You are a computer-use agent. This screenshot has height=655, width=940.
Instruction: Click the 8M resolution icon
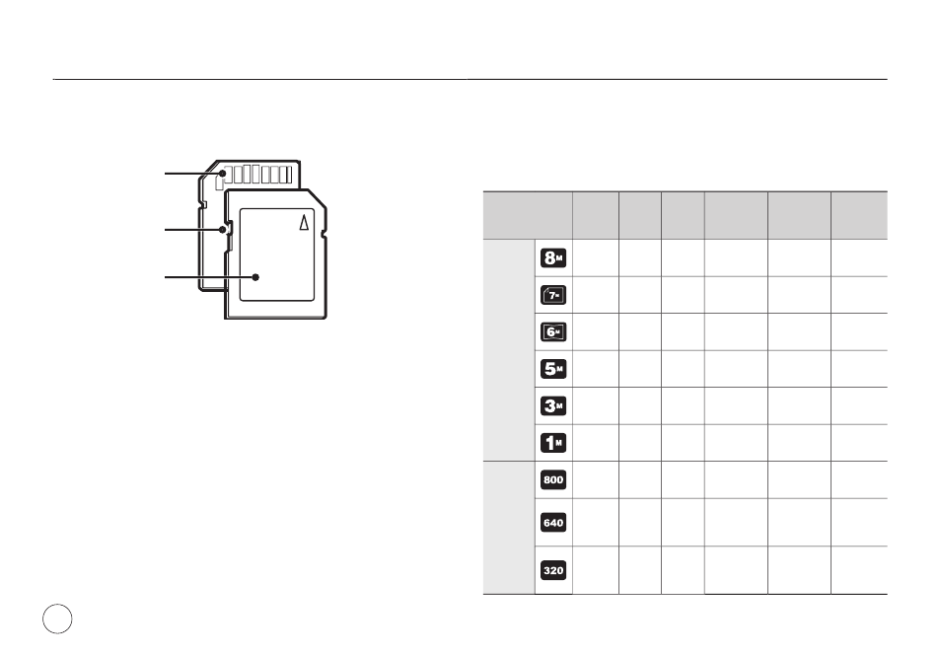[x=552, y=257]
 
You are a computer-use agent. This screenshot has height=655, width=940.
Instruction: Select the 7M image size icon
[x=552, y=295]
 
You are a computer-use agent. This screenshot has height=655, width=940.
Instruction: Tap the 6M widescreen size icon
[x=552, y=331]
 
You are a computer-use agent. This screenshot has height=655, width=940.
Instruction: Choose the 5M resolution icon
[x=552, y=369]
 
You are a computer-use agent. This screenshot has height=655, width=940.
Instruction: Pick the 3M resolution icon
[x=552, y=406]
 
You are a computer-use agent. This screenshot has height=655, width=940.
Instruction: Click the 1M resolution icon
[x=552, y=443]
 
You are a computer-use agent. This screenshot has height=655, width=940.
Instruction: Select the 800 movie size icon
[x=552, y=479]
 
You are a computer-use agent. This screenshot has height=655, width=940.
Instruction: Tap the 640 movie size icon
[x=552, y=523]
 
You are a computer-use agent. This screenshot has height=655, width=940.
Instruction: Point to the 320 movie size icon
[x=552, y=570]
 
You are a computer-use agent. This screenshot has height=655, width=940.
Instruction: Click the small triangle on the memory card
[x=305, y=222]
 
